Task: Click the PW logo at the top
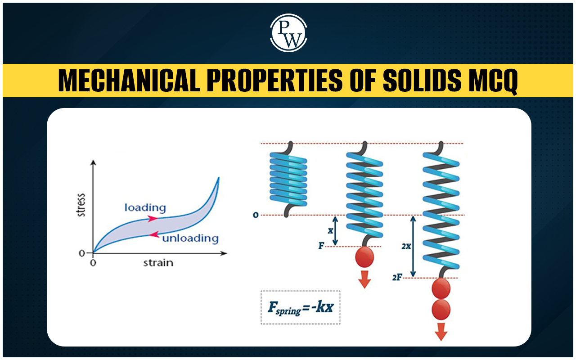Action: pos(288,33)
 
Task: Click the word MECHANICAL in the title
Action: pos(129,81)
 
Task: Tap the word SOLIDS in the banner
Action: pos(422,81)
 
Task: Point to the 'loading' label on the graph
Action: pos(145,208)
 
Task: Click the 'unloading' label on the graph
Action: pos(190,238)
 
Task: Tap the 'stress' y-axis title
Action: pos(81,205)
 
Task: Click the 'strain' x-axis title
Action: pos(158,263)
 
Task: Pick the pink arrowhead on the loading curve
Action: pos(153,219)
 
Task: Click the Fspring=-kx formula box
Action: pos(300,307)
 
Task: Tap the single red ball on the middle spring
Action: pos(364,257)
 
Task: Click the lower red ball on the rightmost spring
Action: pos(441,310)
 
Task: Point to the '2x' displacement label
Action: pos(406,246)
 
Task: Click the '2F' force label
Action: pos(397,278)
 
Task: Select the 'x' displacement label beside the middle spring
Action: pos(330,231)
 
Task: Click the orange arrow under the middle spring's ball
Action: pos(364,279)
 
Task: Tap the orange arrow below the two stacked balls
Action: pos(441,332)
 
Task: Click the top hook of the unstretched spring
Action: pos(288,148)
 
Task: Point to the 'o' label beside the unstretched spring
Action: pos(255,215)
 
